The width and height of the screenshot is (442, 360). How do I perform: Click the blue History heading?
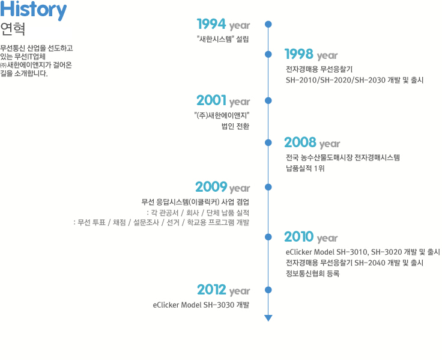(x=33, y=10)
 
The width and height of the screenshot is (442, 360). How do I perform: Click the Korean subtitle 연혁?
(x=13, y=29)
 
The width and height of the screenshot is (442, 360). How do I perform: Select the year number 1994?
(x=211, y=24)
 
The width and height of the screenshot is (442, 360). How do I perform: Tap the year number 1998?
(x=299, y=54)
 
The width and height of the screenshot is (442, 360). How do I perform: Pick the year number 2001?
(x=211, y=100)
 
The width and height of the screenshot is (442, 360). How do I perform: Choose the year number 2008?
(x=300, y=142)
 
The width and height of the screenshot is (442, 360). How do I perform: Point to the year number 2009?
(x=211, y=187)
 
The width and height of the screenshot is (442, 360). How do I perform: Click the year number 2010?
(x=299, y=237)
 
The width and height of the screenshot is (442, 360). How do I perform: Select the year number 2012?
(x=211, y=290)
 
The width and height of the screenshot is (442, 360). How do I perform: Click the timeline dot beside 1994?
(x=268, y=24)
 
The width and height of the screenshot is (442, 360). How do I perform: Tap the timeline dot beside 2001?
(x=268, y=100)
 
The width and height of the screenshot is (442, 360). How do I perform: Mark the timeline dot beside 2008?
(x=268, y=142)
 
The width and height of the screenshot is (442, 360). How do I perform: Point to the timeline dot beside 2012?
(x=268, y=290)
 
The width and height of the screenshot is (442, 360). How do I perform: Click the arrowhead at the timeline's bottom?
(x=268, y=318)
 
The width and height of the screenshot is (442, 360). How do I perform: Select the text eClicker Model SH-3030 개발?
(x=201, y=305)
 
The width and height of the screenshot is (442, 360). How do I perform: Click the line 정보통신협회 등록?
(x=313, y=273)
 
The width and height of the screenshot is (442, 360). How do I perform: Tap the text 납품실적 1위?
(x=305, y=168)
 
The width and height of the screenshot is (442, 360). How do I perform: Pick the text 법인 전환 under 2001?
(x=235, y=126)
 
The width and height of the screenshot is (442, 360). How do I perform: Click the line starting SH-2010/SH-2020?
(x=354, y=80)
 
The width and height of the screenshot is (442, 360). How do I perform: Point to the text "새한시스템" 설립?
(x=223, y=39)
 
